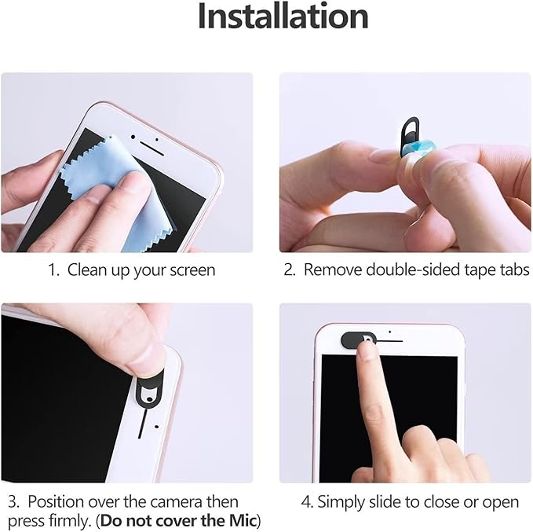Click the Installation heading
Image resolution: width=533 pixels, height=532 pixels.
coord(283,17)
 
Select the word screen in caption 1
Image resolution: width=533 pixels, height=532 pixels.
coord(192,270)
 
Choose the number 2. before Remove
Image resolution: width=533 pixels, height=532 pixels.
coord(290,270)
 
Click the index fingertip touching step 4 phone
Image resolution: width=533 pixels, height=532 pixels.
coord(367,354)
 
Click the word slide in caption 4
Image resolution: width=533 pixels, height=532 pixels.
coord(380,501)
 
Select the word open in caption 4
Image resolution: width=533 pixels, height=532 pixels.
coord(502,501)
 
